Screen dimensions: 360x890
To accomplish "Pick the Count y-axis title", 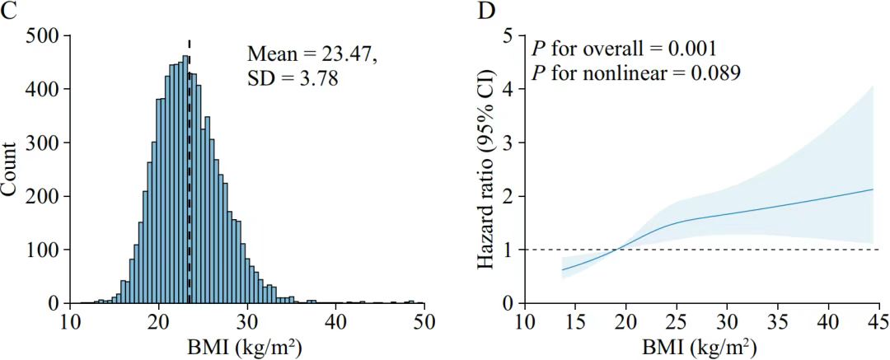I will click(x=11, y=170).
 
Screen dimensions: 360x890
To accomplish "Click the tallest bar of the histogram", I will click(x=185, y=181).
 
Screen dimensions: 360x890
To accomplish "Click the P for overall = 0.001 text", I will click(x=621, y=48).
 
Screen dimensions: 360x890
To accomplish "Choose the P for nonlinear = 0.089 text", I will click(x=635, y=72).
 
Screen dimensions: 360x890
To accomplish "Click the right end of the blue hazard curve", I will click(x=873, y=189).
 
